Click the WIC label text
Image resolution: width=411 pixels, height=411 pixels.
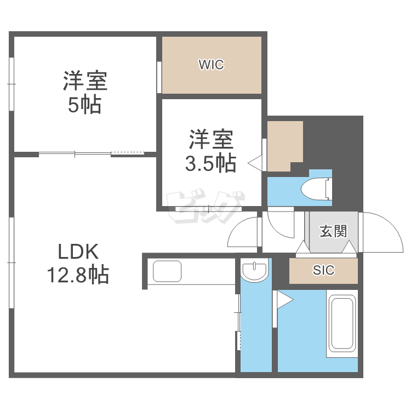pos(211,65)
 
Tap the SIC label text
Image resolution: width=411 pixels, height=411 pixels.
pos(323,270)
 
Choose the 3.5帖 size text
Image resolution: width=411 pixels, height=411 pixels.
pos(210,163)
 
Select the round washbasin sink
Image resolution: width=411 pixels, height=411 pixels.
pos(255,270)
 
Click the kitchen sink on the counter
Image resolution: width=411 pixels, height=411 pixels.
pos(167,271)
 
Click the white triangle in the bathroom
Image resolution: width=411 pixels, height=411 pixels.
pos(285,299)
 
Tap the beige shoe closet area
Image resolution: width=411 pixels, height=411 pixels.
pos(323,271)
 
